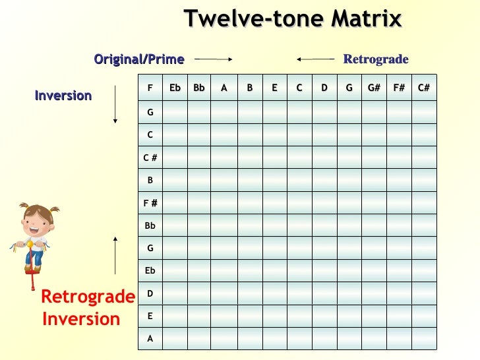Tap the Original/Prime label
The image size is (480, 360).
tap(138, 59)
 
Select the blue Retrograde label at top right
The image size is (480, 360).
tap(376, 59)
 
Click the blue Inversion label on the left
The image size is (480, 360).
tap(63, 96)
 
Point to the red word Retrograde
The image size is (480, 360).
tap(88, 297)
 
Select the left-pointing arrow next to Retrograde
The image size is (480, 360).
tap(315, 59)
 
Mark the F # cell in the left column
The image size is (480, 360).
tap(150, 202)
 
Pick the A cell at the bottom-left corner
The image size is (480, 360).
tap(150, 338)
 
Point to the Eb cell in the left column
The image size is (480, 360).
tap(150, 270)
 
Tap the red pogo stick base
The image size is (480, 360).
tap(32, 285)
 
